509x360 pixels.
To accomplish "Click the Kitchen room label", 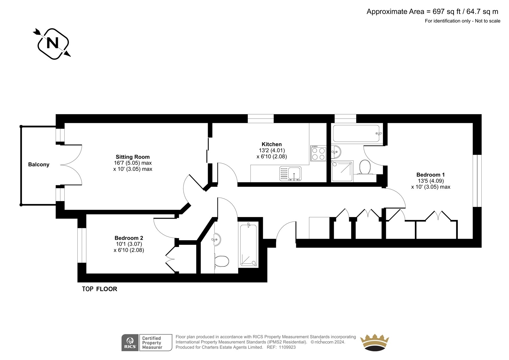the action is (272, 144).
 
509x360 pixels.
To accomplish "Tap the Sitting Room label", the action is (133, 157).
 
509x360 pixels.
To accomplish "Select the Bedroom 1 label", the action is (430, 175).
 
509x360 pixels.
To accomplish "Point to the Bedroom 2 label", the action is (129, 238).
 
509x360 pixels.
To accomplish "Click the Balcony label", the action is (38, 165).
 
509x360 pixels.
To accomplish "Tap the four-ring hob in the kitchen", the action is (318, 153).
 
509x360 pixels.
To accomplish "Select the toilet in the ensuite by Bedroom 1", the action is (365, 167).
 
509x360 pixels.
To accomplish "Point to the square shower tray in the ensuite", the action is (342, 171).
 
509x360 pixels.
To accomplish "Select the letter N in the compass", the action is (52, 43).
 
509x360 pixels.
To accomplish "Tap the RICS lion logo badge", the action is (130, 342).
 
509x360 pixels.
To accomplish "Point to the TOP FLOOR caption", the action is (100, 289).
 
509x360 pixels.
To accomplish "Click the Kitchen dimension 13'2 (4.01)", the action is (272, 150).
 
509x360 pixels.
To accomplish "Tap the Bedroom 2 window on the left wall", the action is (82, 245).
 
